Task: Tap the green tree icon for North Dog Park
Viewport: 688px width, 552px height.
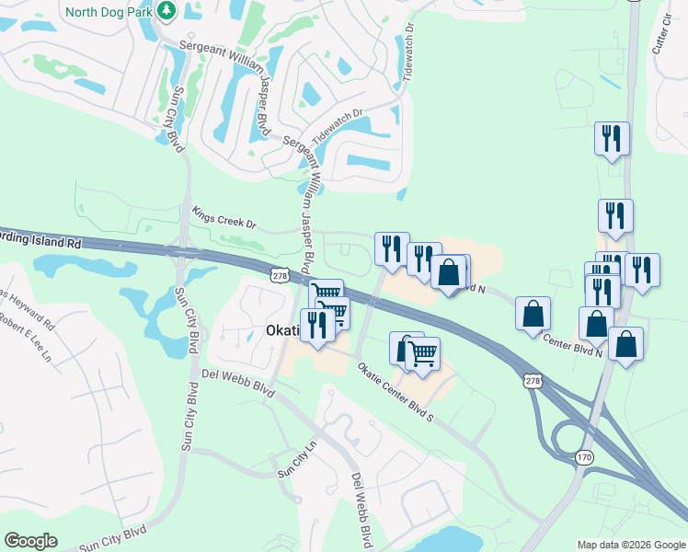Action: [x=166, y=11]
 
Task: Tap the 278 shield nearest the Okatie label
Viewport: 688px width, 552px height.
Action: [x=281, y=274]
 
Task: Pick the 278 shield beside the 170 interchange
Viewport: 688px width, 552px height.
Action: [x=533, y=380]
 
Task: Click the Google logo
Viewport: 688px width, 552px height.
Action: [x=30, y=541]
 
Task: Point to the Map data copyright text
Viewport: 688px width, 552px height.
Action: [x=630, y=545]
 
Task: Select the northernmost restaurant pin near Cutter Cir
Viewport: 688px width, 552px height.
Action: [x=612, y=139]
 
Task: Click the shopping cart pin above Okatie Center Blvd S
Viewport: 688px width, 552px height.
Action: [x=422, y=353]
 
